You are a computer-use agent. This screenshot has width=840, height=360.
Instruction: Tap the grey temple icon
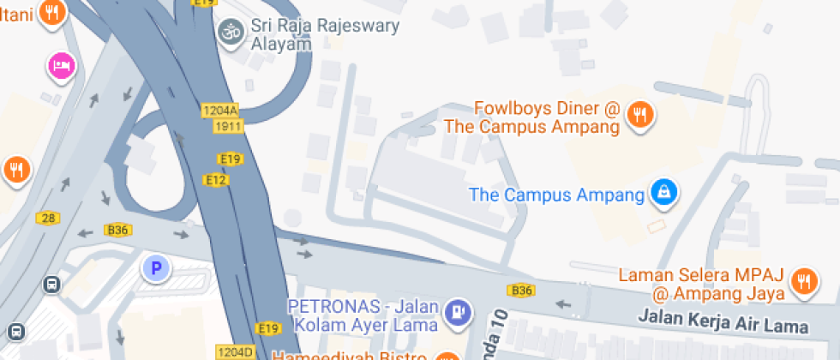(229, 32)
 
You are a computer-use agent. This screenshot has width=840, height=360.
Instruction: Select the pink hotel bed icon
(62, 65)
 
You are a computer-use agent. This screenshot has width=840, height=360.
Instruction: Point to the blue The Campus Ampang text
(556, 195)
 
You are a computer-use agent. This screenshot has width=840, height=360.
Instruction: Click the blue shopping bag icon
(663, 193)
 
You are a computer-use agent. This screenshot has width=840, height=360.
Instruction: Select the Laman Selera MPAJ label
(702, 285)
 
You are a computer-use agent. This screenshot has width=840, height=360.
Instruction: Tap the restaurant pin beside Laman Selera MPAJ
(803, 282)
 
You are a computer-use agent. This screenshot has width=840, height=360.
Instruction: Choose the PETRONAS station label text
(363, 315)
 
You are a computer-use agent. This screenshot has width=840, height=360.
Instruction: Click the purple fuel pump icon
(459, 311)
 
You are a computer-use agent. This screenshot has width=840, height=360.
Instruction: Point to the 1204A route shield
(219, 110)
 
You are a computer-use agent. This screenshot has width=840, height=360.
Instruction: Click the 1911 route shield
(229, 126)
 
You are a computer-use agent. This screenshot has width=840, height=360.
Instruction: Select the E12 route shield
(215, 179)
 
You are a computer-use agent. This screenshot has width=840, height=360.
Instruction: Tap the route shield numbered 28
(48, 218)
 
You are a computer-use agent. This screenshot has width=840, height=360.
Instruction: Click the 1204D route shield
(235, 351)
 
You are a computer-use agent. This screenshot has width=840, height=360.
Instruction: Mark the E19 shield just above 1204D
(268, 328)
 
